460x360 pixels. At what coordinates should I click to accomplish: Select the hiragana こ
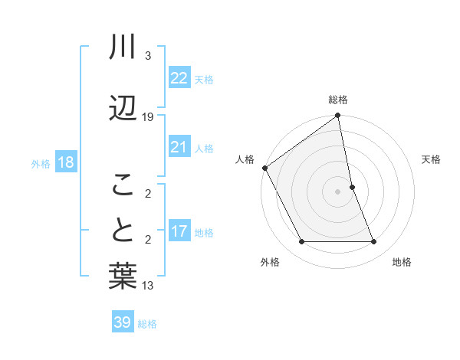pyautogui.click(x=123, y=184)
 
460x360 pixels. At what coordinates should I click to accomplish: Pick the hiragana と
pyautogui.click(x=123, y=231)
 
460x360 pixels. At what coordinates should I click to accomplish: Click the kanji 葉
pyautogui.click(x=123, y=277)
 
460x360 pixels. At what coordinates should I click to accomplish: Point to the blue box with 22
pyautogui.click(x=179, y=79)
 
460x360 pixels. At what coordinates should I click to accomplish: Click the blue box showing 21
pyautogui.click(x=179, y=147)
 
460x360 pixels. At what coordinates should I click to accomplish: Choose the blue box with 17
pyautogui.click(x=179, y=231)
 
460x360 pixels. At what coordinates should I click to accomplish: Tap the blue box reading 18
pyautogui.click(x=64, y=162)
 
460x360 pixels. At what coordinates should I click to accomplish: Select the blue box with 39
pyautogui.click(x=123, y=322)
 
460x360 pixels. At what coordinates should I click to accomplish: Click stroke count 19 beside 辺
pyautogui.click(x=148, y=116)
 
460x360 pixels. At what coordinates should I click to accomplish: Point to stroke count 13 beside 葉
pyautogui.click(x=148, y=286)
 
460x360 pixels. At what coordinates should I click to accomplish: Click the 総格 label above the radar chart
pyautogui.click(x=338, y=100)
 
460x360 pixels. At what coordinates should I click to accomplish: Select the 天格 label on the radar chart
pyautogui.click(x=432, y=159)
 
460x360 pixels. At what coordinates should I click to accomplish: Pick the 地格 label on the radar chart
pyautogui.click(x=402, y=262)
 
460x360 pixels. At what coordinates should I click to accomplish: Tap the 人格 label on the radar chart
pyautogui.click(x=245, y=159)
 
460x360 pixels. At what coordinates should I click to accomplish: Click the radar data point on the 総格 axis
pyautogui.click(x=338, y=116)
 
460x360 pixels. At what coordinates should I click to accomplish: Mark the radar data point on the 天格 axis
pyautogui.click(x=352, y=186)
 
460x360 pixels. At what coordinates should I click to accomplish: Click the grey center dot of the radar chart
pyautogui.click(x=338, y=191)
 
